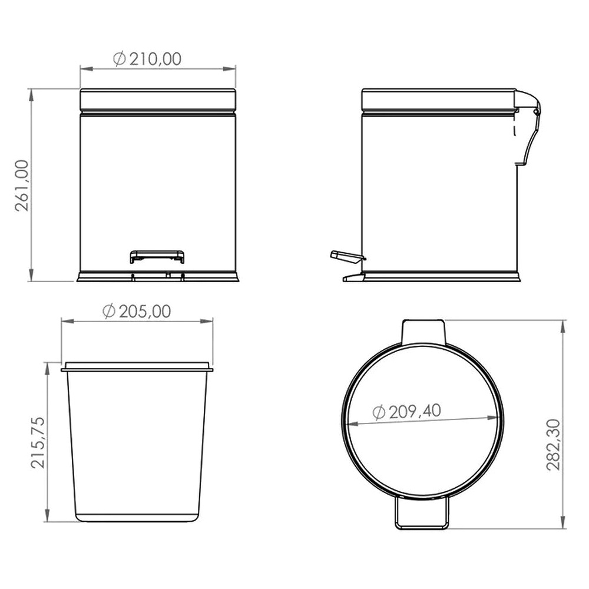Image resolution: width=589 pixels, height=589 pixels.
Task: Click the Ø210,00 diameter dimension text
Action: point(147,59)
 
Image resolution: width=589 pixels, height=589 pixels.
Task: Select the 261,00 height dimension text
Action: point(22,186)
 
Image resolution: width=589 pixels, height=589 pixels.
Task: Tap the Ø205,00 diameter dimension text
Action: point(137,312)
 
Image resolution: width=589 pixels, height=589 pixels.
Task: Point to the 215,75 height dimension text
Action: point(38,443)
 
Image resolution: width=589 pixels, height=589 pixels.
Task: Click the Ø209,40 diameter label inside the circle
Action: point(407,412)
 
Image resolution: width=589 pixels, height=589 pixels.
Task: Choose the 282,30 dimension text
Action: point(553,445)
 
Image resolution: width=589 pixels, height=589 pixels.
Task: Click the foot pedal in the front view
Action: point(157,257)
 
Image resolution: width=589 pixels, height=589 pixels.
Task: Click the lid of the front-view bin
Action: point(158,100)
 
